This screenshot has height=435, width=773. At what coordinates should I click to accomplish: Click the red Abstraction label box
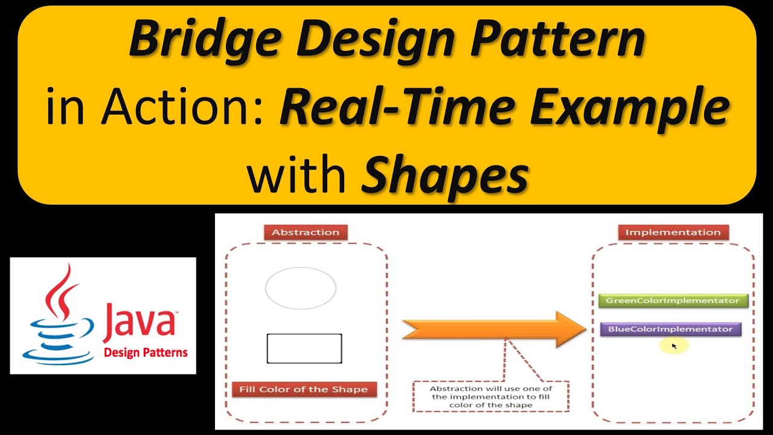pos(306,233)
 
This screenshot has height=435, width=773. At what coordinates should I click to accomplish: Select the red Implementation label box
pos(673,233)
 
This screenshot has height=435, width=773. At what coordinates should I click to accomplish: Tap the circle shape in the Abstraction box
pos(301,288)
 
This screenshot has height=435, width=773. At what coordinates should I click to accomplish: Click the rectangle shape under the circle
pos(304,349)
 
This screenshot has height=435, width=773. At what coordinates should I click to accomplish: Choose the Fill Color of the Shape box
pos(304,390)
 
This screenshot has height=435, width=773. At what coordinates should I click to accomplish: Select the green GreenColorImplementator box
pos(673,300)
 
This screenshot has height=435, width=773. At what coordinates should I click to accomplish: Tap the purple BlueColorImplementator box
pos(670,329)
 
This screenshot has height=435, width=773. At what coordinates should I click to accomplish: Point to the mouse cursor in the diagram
pos(674,346)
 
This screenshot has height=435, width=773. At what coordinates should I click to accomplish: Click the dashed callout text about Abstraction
pos(491,396)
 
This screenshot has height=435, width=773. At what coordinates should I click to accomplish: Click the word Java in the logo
pos(138,320)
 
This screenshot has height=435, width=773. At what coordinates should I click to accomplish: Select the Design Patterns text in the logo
pos(146,353)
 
